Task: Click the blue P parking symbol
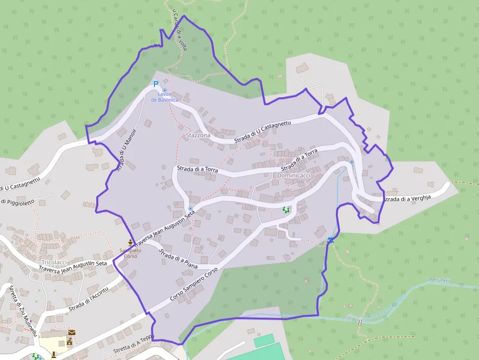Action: tap(156, 84)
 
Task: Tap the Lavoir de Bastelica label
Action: tap(165, 97)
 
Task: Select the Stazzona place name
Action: tap(198, 135)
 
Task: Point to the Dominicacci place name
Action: tap(294, 175)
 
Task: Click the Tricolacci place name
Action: tap(54, 262)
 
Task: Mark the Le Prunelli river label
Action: tap(438, 280)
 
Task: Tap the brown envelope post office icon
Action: tap(72, 333)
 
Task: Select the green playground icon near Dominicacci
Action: tap(286, 210)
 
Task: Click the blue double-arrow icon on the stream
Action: tap(331, 239)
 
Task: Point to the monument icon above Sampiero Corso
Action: tap(130, 242)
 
